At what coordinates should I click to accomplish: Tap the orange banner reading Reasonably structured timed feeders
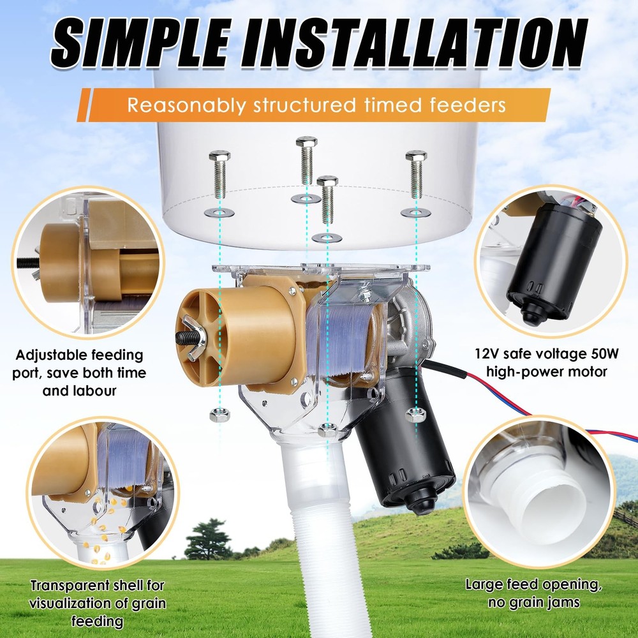pos(316,105)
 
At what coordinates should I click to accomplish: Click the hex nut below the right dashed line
pos(416,415)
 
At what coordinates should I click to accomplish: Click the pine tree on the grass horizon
pos(209,539)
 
